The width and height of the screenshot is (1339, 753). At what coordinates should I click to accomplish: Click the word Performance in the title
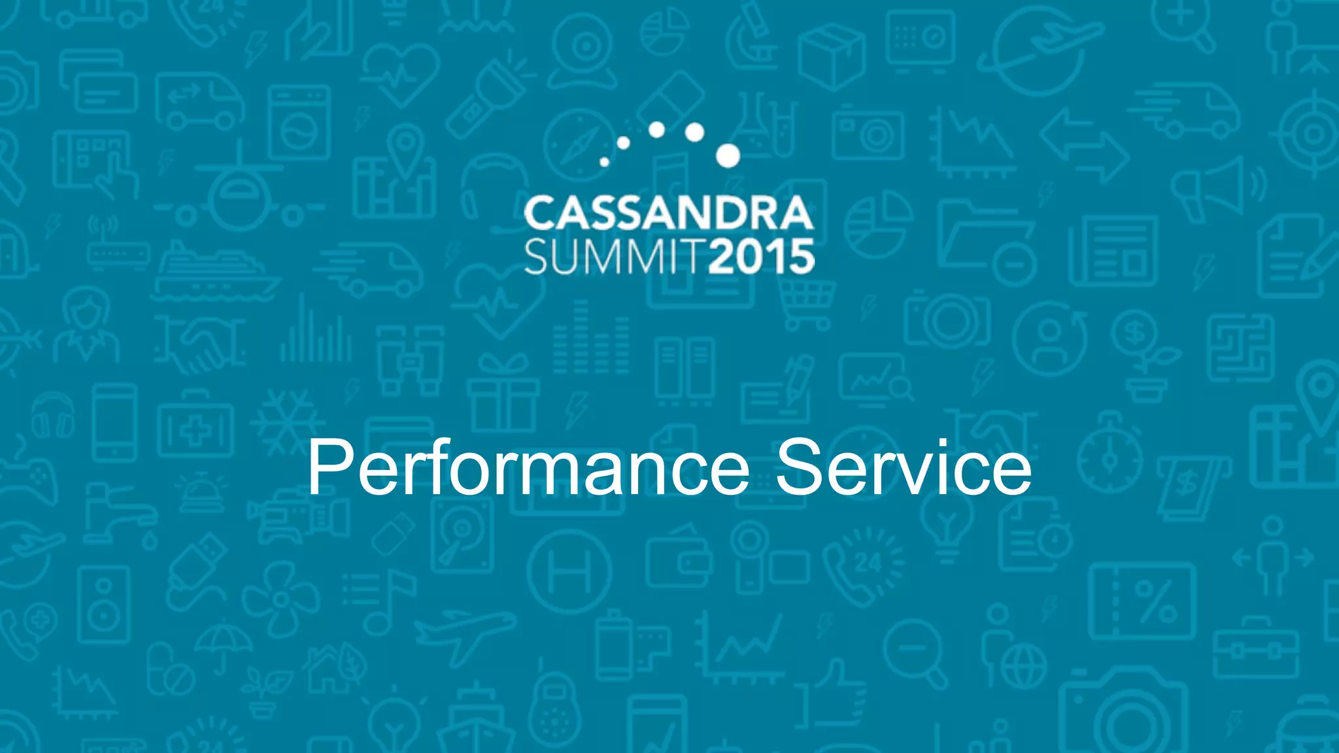coord(528,467)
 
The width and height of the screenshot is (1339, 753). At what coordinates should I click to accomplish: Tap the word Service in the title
coord(904,467)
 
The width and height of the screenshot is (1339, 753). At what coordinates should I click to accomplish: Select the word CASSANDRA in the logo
coord(668,213)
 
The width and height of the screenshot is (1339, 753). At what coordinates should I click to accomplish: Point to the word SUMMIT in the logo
coord(615,257)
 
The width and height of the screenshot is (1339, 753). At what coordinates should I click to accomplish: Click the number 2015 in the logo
coord(762,257)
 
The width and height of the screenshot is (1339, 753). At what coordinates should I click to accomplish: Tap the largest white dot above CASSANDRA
coord(728,156)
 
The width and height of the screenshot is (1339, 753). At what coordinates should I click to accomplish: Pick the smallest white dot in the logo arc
coord(604,161)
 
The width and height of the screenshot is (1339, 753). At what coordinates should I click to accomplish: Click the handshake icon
coord(199,343)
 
